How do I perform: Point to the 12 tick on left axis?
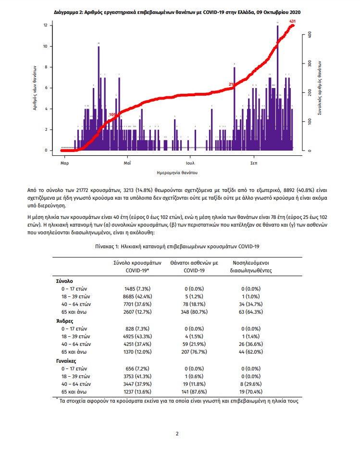coord(45,25)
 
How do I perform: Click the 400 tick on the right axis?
coord(310,35)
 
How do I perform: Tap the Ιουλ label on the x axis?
coord(191,164)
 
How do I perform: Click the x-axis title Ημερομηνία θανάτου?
coord(177,172)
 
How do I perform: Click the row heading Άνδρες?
coord(65,321)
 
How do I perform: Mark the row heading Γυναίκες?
coord(67,360)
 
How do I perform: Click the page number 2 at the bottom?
coord(177,433)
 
